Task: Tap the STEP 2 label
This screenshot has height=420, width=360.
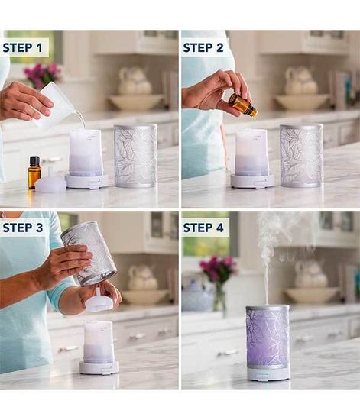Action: pos(203,47)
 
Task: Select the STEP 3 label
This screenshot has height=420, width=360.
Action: pos(24,228)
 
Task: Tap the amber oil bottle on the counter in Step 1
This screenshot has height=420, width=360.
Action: pos(34,172)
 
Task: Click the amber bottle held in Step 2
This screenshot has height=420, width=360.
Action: pos(242,105)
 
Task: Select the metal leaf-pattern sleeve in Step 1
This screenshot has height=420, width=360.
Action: pos(135,156)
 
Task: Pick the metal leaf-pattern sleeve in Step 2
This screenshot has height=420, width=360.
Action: pos(300,156)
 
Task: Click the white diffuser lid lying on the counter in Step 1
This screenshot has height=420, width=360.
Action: pos(51,184)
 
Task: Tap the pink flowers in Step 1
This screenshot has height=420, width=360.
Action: pos(41,74)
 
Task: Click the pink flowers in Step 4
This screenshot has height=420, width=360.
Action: pos(218,269)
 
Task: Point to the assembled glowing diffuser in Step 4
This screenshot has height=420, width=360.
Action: pos(268,341)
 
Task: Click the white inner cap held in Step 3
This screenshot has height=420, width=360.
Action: pos(99,302)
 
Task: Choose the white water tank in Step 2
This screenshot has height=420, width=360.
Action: pos(251,152)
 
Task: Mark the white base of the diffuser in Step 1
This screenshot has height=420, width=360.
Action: pos(86,181)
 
